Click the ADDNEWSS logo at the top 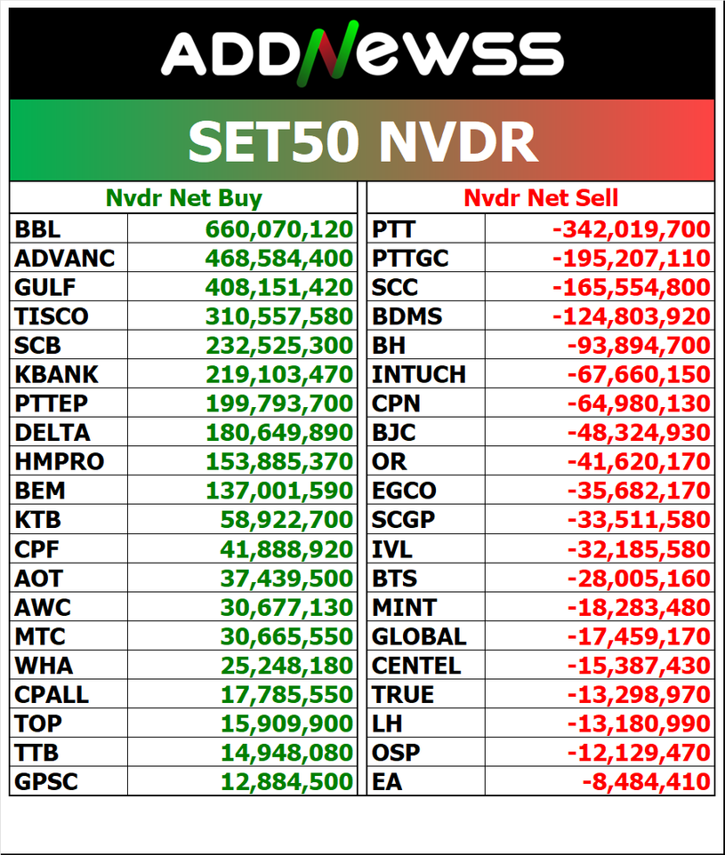click(x=362, y=53)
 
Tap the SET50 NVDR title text click(x=362, y=140)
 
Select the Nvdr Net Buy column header click(x=184, y=197)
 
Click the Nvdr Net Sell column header click(x=541, y=197)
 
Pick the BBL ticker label click(x=38, y=229)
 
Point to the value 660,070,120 click(x=279, y=229)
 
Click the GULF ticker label click(x=45, y=287)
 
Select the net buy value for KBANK click(x=279, y=374)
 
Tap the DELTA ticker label click(x=52, y=432)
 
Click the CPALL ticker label click(x=52, y=694)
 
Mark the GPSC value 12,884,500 click(x=286, y=782)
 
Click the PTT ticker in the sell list click(x=393, y=229)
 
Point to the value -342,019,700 click(x=632, y=229)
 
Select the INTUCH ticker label click(x=419, y=374)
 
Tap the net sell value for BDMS click(x=632, y=316)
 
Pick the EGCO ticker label click(x=404, y=491)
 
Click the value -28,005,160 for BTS click(x=639, y=578)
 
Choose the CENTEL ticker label click(x=416, y=665)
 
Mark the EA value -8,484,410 click(x=646, y=782)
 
